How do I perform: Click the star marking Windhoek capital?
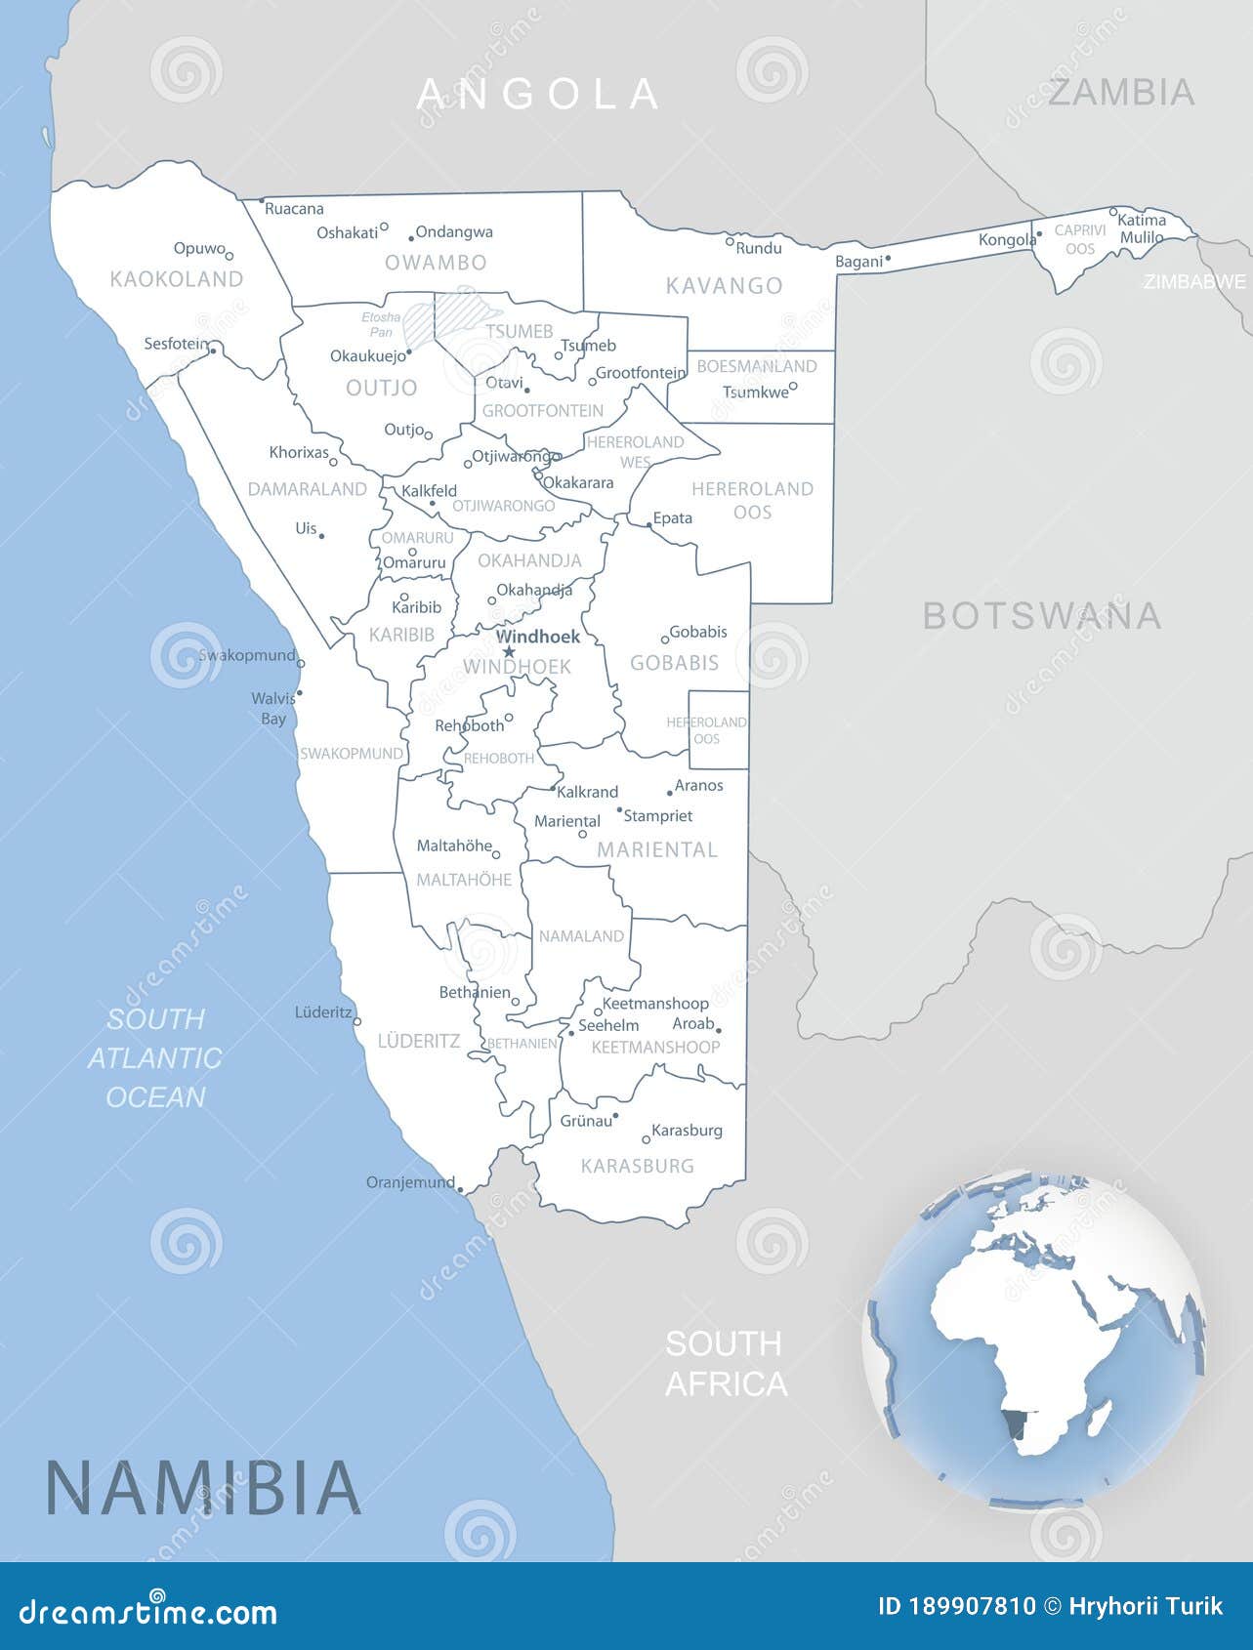[508, 652]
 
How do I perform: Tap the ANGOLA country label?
[538, 94]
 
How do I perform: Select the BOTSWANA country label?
[1041, 616]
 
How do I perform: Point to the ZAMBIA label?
[1121, 93]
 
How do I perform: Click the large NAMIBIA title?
[203, 1487]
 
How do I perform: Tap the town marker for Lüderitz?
[357, 1021]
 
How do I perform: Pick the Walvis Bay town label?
[273, 708]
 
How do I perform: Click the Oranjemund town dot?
[460, 1190]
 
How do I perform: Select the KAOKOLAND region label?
[177, 279]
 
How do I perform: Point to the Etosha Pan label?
[381, 324]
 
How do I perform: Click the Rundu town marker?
[730, 240]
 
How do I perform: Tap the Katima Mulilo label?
[1142, 228]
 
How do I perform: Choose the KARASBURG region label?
[637, 1166]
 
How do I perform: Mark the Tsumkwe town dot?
[793, 386]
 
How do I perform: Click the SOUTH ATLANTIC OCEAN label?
[155, 1057]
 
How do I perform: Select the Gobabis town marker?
[666, 639]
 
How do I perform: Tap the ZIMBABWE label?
[1194, 282]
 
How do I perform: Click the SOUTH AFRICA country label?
[726, 1364]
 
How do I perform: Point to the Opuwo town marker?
[230, 256]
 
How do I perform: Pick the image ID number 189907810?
[957, 1607]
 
